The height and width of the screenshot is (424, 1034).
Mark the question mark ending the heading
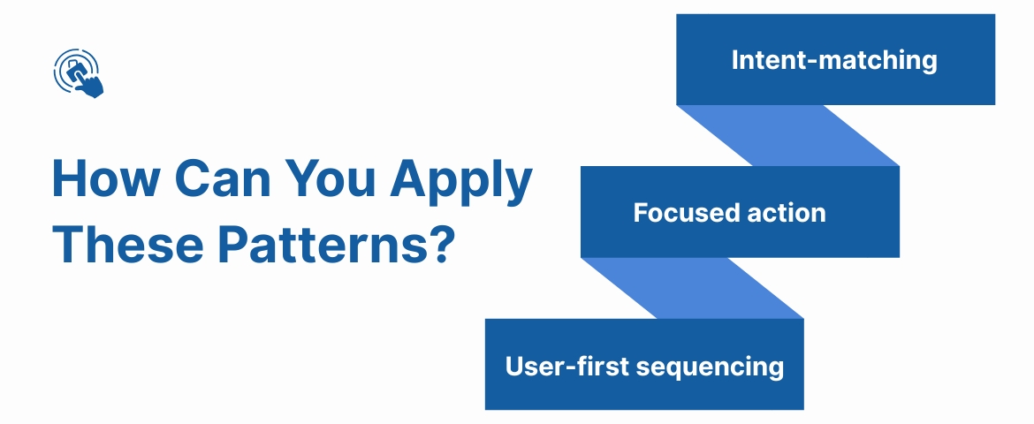click(441, 244)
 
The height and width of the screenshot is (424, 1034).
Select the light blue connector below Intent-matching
click(787, 135)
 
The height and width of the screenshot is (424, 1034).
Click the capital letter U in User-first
click(514, 366)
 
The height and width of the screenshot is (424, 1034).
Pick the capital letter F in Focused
click(640, 213)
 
